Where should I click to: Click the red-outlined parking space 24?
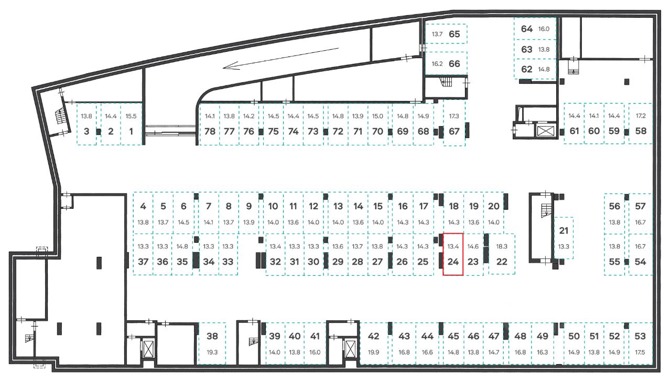pos(453,254)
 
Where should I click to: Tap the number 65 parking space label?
pos(454,35)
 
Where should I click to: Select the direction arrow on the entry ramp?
pos(280,58)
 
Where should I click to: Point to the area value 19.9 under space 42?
pos(373,352)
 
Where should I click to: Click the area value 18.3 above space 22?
pos(502,245)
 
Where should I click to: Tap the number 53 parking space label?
pos(640,336)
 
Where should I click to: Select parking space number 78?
pos(210,131)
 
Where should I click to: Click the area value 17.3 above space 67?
pos(454,116)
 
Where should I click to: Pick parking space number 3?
pos(86,131)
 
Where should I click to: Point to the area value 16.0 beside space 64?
pos(544,29)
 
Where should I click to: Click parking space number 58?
pos(641,131)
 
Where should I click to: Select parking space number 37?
pos(143,262)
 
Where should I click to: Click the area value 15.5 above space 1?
pos(131,116)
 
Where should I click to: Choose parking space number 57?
pos(640,206)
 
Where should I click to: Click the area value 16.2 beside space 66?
pos(437,64)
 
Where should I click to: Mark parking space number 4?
pos(143,206)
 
